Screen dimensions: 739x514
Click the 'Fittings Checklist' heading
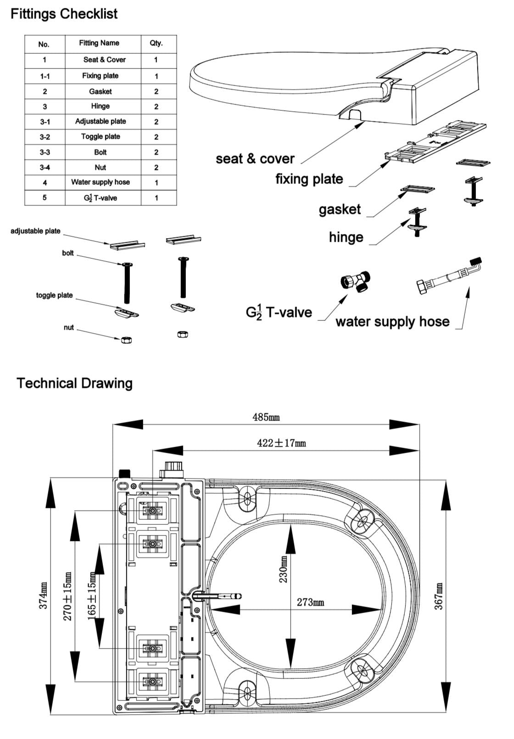tap(64, 14)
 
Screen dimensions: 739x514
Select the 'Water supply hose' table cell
tap(101, 182)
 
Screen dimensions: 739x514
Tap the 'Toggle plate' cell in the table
tap(101, 136)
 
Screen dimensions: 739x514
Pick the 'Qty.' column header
tap(156, 43)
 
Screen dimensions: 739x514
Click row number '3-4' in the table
tap(45, 167)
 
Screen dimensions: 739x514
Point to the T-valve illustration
tap(356, 281)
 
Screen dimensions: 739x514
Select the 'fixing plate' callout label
tap(309, 179)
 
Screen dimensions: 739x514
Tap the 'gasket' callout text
tap(340, 210)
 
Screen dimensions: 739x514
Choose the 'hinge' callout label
tap(346, 237)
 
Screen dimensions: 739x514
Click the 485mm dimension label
tap(266, 417)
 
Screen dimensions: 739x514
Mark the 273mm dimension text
tap(310, 602)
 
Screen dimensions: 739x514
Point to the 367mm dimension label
tap(439, 596)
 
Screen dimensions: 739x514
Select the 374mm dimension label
tap(43, 596)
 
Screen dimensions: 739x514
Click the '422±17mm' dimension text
tap(281, 443)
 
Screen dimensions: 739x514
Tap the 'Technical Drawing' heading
tap(74, 383)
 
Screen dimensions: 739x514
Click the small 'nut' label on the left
tap(68, 328)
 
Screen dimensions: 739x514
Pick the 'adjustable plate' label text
tap(35, 231)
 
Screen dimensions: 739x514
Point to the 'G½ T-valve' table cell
tap(101, 198)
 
